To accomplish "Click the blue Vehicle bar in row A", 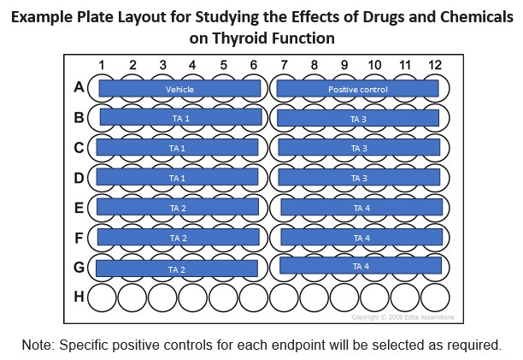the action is [179, 89].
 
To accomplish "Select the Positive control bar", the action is [357, 89].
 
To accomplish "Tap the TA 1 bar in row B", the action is [181, 117].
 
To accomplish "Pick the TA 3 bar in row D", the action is [359, 177].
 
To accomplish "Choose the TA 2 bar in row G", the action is [177, 269].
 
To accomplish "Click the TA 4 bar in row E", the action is [361, 207].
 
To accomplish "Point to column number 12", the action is [435, 65].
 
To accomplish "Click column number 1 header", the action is [102, 65].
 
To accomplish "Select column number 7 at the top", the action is [284, 65].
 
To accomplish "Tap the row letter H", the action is [79, 296].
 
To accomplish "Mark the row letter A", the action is [79, 87].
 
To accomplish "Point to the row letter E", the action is [79, 208].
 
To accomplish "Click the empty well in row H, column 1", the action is [102, 298].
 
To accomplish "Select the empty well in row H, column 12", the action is [435, 298].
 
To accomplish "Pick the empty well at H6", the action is [254, 298].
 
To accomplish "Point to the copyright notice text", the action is [403, 317].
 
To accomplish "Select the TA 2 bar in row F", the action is [178, 237].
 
